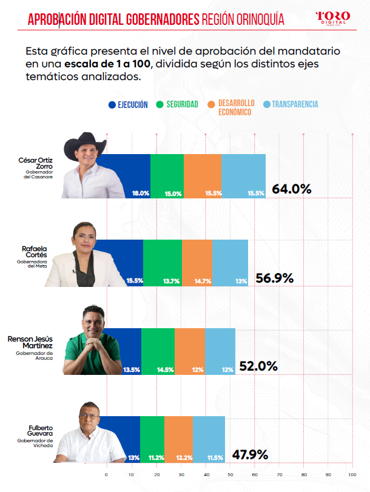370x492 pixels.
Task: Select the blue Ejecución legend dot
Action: point(112,105)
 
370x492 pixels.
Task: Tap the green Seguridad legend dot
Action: point(160,104)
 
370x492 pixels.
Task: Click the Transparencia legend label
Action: point(295,104)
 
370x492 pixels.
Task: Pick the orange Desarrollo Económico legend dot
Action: point(211,104)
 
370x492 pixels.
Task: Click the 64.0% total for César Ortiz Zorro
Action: point(292,189)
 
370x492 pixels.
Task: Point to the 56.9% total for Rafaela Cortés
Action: point(275,278)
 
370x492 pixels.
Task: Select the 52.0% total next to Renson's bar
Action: point(258,366)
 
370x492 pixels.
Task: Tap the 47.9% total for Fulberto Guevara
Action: point(250,454)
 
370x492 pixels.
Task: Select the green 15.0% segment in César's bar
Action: point(167,176)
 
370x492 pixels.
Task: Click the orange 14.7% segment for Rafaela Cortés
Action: point(197,263)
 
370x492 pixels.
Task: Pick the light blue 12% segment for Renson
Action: point(220,351)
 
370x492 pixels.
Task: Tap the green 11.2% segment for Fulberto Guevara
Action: point(152,439)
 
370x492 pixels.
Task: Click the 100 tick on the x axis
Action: point(352,475)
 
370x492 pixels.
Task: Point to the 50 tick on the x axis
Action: point(230,475)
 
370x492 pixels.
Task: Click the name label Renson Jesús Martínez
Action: point(30,342)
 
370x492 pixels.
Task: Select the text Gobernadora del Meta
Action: point(32,264)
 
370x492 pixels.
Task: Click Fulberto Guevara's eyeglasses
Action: point(89,416)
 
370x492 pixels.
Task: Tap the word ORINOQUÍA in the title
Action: point(260,19)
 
